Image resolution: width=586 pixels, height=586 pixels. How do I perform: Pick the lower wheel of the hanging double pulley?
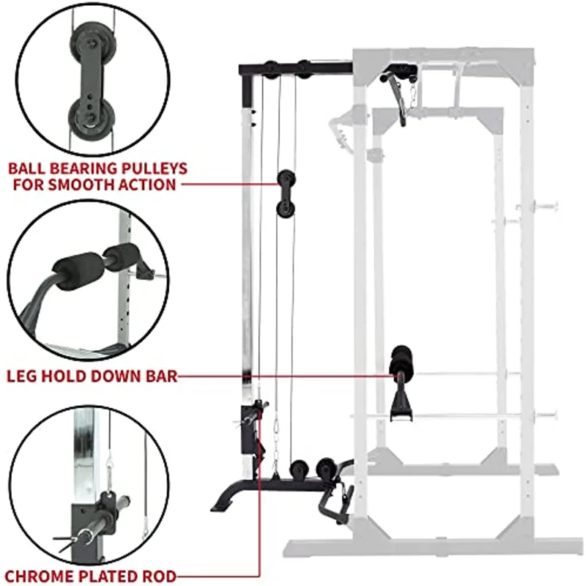coord(286,209)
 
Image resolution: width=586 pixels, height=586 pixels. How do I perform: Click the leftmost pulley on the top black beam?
coord(271,70)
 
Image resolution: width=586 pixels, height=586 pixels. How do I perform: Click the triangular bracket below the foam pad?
coord(401,407)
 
